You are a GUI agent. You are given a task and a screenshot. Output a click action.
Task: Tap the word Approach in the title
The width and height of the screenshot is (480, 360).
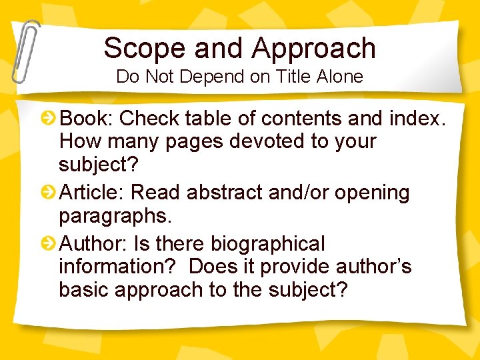tap(313, 48)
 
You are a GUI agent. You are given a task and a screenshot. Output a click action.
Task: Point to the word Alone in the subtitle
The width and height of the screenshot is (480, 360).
tap(339, 77)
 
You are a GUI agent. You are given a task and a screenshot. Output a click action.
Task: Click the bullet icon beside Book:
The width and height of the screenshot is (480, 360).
tap(49, 119)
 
